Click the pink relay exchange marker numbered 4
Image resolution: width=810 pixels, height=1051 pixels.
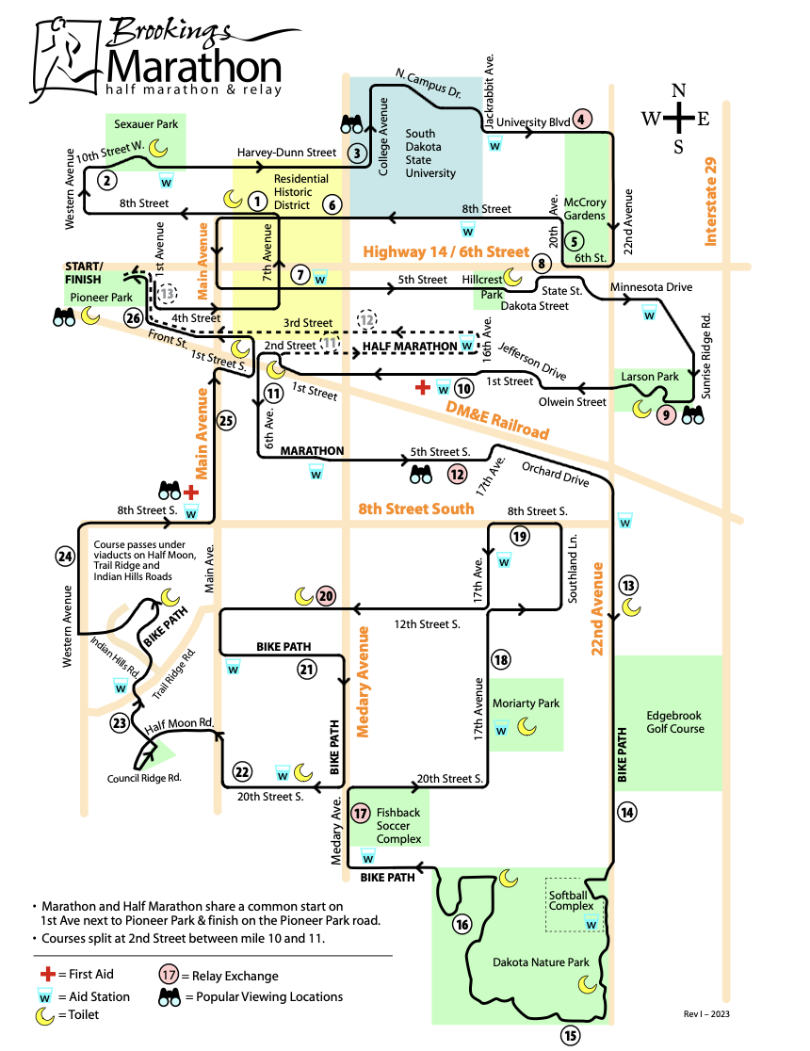pos(583,120)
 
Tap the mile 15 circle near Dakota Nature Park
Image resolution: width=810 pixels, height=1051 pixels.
pos(570,1037)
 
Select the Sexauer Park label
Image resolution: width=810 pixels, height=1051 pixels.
pos(146,123)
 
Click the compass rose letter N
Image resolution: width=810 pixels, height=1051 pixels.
pos(678,91)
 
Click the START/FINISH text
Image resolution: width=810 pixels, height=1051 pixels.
pos(85,273)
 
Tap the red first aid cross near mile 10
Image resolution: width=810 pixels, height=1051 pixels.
pos(424,387)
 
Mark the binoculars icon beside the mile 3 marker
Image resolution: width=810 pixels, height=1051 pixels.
pos(353,124)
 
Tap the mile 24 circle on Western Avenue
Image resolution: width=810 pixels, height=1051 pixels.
pos(64,557)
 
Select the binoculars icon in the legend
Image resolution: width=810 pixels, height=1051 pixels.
pos(171,996)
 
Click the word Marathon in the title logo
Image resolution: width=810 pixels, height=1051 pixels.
pos(193,66)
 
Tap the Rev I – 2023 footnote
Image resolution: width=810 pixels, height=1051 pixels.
pos(706,1013)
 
